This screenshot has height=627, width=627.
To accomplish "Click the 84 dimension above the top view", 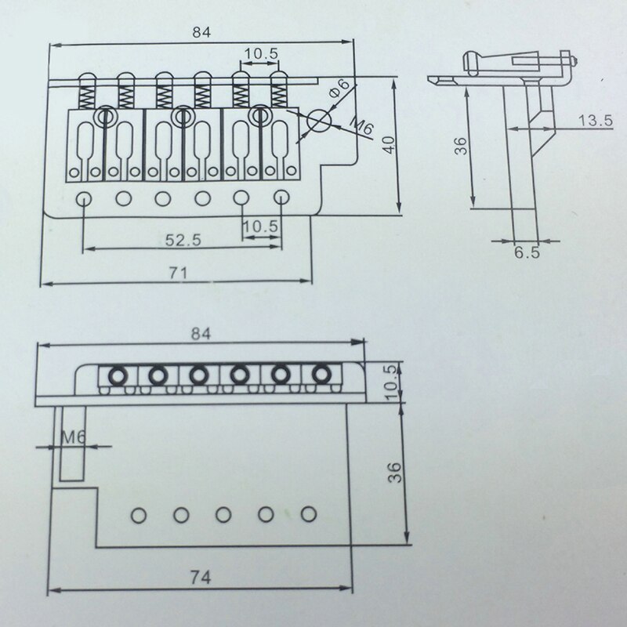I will click(x=202, y=32).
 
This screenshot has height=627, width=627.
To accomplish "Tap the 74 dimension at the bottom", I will click(x=203, y=577).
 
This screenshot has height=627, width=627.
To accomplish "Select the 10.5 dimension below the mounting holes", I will click(x=260, y=226).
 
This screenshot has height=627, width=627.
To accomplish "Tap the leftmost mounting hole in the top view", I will click(x=83, y=198).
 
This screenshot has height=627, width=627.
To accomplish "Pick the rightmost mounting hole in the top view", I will click(x=282, y=198).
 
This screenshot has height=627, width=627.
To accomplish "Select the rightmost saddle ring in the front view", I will click(x=321, y=375).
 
